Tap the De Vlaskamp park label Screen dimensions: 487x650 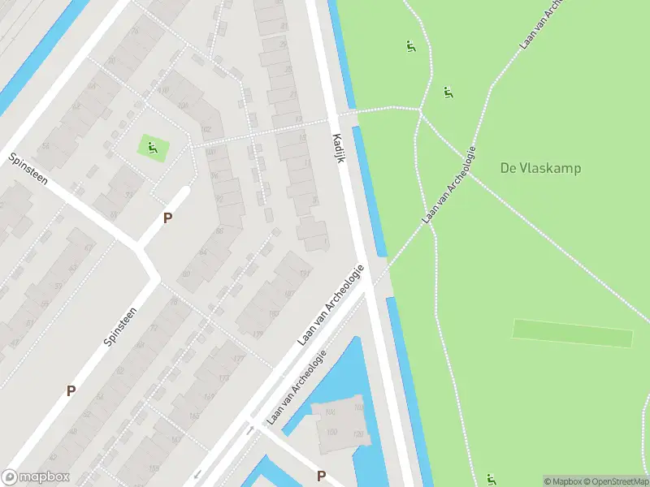(540, 168)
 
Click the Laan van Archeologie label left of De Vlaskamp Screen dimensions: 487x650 (448, 186)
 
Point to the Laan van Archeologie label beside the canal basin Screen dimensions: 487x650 (297, 386)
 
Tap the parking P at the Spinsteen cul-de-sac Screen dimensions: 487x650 (167, 218)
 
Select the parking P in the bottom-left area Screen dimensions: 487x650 (71, 390)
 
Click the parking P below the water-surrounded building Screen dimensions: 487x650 (321, 476)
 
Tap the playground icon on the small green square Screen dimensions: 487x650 (152, 147)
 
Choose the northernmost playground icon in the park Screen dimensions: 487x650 (410, 46)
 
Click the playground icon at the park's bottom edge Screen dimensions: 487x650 (491, 479)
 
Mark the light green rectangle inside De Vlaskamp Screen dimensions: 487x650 (572, 333)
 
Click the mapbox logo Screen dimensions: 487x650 (36, 477)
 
